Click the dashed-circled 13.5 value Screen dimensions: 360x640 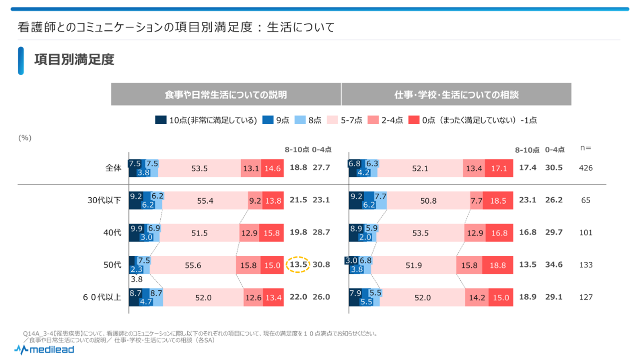tap(298, 265)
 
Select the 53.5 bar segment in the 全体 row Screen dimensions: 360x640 tap(199, 168)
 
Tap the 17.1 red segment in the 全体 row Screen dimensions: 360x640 tap(498, 168)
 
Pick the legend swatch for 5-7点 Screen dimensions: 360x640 tap(332, 120)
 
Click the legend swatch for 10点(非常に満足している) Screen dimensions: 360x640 tap(161, 120)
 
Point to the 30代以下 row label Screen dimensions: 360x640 tap(104, 200)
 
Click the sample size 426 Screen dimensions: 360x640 tap(586, 168)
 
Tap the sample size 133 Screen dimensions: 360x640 tap(586, 265)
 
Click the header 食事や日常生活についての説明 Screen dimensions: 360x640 tap(226, 94)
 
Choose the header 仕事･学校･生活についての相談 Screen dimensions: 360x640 tap(457, 94)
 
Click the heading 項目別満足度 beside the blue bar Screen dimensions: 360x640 tap(74, 60)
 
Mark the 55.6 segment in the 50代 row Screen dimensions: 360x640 tap(193, 265)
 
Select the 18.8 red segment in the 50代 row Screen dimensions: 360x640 tap(499, 265)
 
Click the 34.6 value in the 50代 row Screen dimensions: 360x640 tap(554, 264)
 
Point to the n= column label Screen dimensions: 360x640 tap(586, 148)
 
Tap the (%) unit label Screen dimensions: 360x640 tap(25, 138)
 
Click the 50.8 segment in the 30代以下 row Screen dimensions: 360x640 tap(428, 201)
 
